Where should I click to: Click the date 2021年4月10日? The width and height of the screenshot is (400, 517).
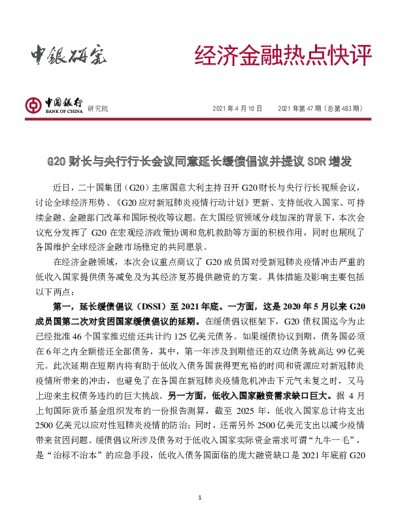[237, 108]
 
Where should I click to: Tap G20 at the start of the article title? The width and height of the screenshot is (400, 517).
[61, 161]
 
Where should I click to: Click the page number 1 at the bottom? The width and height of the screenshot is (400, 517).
[200, 499]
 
